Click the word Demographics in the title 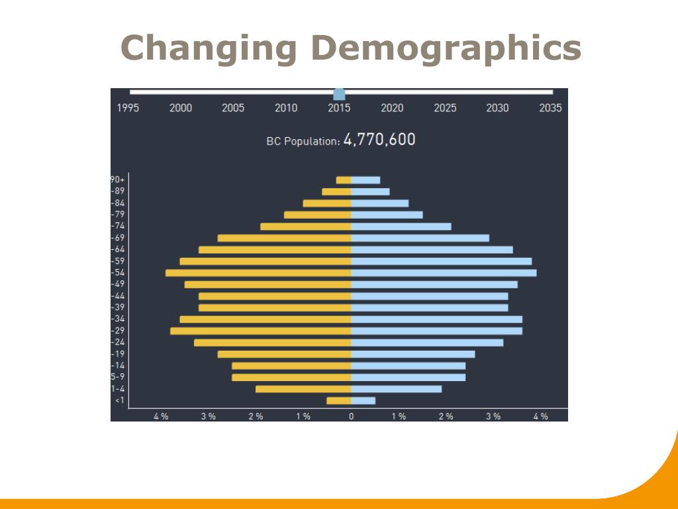pyautogui.click(x=446, y=49)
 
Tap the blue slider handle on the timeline pyautogui.click(x=339, y=93)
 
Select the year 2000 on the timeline pyautogui.click(x=181, y=108)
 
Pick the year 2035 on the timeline pyautogui.click(x=550, y=108)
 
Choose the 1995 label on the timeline pyautogui.click(x=128, y=108)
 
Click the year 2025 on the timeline pyautogui.click(x=445, y=108)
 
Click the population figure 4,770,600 pyautogui.click(x=379, y=139)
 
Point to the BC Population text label pyautogui.click(x=303, y=141)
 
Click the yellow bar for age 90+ pyautogui.click(x=344, y=180)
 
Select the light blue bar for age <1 pyautogui.click(x=363, y=400)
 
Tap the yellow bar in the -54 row pyautogui.click(x=258, y=273)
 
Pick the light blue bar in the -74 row pyautogui.click(x=401, y=227)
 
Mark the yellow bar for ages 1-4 pyautogui.click(x=303, y=389)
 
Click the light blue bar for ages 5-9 pyautogui.click(x=408, y=377)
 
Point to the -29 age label pyautogui.click(x=118, y=331)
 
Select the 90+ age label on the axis pyautogui.click(x=118, y=180)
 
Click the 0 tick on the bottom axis pyautogui.click(x=351, y=416)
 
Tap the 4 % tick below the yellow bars pyautogui.click(x=161, y=416)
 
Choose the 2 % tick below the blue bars pyautogui.click(x=446, y=416)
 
